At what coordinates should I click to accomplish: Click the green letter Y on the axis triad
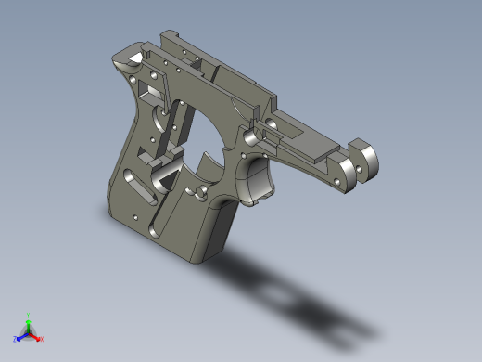pos(30,315)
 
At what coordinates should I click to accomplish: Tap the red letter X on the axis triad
pos(42,339)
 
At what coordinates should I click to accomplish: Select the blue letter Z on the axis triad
pos(16,339)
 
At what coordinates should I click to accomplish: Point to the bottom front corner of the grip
pos(197,261)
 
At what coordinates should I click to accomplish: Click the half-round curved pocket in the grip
pos(165,172)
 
